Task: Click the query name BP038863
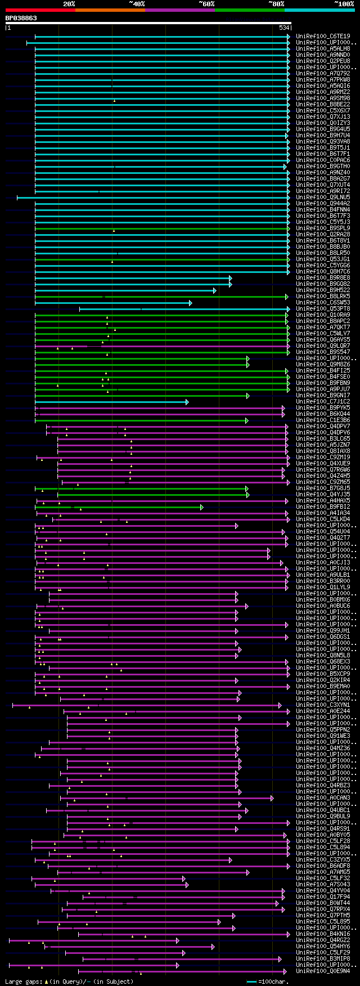[x=21, y=18]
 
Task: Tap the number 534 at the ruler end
[x=283, y=28]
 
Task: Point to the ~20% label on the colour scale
[x=69, y=4]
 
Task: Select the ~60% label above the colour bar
[x=206, y=4]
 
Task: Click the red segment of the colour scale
[x=40, y=10]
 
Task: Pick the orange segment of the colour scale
[x=110, y=10]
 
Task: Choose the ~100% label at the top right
[x=344, y=4]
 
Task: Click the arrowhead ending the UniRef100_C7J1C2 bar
[x=187, y=402]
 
